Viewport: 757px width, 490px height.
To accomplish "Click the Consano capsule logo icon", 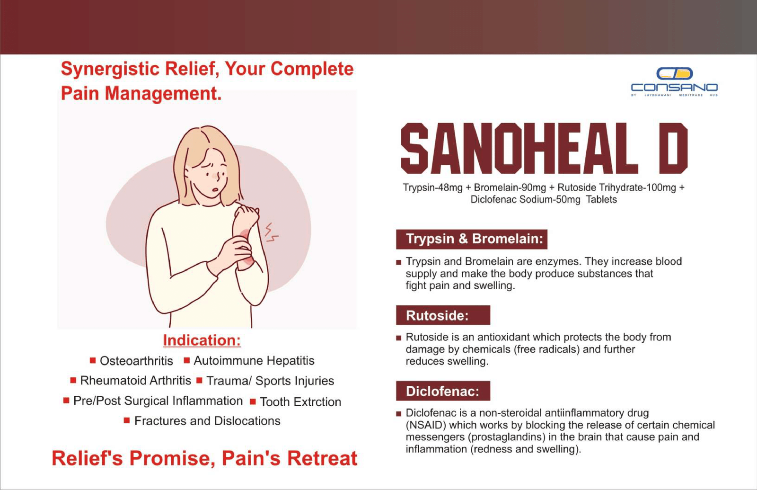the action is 675,73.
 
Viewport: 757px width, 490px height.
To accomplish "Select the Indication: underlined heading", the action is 202,340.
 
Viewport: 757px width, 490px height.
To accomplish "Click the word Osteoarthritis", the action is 136,361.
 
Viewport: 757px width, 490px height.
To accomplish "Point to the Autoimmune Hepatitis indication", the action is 254,361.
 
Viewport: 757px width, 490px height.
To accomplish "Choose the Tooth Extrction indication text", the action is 300,402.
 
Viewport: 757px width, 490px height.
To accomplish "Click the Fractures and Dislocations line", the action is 207,421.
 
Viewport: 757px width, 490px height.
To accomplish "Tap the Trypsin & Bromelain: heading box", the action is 472,239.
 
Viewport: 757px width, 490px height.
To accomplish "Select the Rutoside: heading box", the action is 443,315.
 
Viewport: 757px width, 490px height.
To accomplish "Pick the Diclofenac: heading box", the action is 443,391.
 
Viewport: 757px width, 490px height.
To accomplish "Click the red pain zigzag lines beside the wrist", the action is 271,232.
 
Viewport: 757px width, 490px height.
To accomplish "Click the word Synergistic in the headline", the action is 110,69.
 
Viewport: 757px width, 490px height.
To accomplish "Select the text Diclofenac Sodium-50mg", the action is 526,199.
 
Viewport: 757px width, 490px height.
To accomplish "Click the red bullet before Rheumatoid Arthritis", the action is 73,380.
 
